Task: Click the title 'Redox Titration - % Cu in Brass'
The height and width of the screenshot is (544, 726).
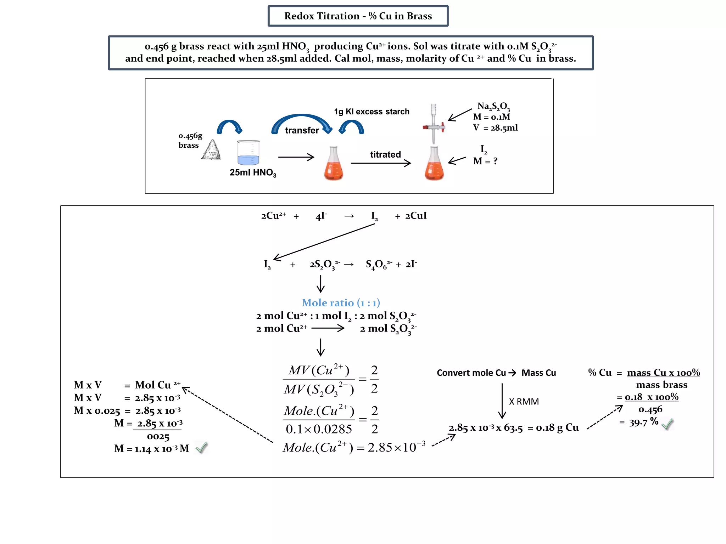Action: pos(358,16)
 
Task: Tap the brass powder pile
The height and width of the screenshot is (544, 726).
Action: pos(212,150)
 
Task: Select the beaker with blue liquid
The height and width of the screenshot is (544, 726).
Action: pos(248,153)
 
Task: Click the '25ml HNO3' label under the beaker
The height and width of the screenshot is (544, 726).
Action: pos(253,172)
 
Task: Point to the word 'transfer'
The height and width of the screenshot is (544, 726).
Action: pos(302,130)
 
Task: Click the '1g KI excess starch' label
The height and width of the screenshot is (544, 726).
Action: pos(372,112)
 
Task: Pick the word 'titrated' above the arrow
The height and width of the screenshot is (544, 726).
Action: pos(385,154)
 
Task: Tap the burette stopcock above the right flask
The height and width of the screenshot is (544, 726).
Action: pos(434,127)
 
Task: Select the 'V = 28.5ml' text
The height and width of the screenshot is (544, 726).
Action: pos(495,128)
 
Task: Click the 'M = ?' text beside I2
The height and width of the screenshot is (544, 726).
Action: pos(485,161)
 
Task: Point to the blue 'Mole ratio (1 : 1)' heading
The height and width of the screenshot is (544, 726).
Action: pos(341,303)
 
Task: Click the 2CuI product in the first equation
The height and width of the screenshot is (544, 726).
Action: pos(416,216)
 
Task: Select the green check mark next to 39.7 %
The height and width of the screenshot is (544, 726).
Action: pos(667,424)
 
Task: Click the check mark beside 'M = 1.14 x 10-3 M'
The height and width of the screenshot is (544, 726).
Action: pos(201,448)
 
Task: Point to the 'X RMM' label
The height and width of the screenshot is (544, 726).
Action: pos(524,402)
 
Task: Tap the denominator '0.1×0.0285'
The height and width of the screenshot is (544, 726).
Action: pos(319,429)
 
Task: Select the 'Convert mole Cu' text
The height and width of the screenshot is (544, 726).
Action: pos(471,373)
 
